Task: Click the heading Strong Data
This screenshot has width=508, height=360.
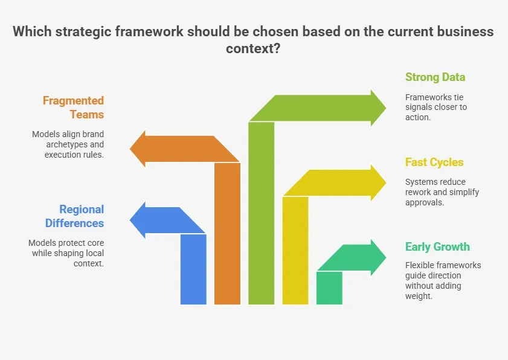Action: [x=435, y=77]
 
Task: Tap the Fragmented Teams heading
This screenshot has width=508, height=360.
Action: [x=73, y=108]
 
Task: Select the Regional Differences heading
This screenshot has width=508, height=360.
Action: [x=74, y=216]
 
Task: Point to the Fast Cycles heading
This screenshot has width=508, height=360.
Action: [x=434, y=162]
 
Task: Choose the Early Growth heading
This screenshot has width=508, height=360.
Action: [x=437, y=247]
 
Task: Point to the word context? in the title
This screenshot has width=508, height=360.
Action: [x=253, y=48]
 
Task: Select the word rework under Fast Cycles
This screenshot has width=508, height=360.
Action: [x=419, y=193]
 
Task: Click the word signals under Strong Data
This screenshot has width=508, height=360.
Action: [x=419, y=107]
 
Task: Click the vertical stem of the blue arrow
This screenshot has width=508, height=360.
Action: [x=193, y=269]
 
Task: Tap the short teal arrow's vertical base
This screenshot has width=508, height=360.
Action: [x=329, y=288]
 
